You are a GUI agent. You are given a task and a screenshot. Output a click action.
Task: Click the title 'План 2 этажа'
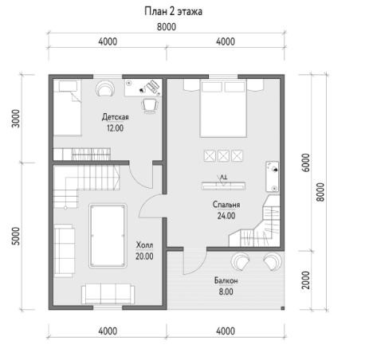click(173, 12)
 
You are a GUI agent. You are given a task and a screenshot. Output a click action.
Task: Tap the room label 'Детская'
click(116, 117)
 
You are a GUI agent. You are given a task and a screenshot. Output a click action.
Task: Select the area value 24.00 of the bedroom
click(226, 216)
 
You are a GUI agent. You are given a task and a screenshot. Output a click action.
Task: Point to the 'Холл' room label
click(144, 245)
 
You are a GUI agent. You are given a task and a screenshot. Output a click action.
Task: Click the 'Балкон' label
click(226, 280)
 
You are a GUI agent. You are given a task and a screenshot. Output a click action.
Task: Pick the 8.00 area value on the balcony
click(226, 292)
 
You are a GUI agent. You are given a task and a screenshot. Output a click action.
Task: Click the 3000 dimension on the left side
click(16, 119)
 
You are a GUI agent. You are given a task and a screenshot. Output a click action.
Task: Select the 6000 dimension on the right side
click(306, 162)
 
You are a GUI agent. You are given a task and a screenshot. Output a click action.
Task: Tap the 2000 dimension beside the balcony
click(306, 280)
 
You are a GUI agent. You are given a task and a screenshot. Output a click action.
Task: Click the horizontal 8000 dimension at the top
click(167, 27)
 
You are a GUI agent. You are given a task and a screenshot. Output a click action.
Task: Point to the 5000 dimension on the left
click(16, 236)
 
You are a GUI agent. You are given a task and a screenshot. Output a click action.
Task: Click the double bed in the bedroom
click(223, 108)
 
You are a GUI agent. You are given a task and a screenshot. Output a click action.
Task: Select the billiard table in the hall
click(108, 236)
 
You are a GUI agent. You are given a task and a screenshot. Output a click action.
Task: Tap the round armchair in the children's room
click(105, 88)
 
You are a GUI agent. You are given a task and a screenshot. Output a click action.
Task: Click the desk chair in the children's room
click(150, 106)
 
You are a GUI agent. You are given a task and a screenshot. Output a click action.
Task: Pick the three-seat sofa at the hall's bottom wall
click(108, 294)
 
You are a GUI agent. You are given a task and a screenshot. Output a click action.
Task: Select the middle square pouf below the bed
click(223, 156)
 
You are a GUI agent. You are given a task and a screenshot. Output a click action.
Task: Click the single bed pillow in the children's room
click(68, 86)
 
